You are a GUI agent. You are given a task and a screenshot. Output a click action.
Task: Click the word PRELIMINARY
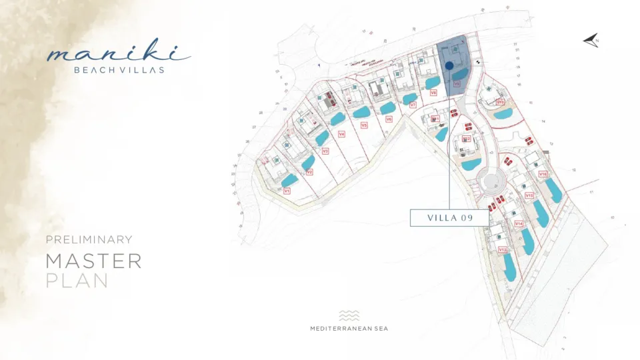(89, 239)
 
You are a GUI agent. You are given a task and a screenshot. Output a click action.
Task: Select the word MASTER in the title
(93, 261)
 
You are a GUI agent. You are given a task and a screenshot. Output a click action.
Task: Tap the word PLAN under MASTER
(77, 281)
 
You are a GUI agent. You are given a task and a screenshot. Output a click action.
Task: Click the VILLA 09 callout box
(449, 218)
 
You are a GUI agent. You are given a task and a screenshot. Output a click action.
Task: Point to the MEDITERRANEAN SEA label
(349, 328)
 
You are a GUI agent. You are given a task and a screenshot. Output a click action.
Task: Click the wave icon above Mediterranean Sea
(349, 315)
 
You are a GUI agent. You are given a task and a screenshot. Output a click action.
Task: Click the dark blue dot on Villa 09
(449, 65)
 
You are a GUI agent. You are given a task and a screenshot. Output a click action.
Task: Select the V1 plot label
(287, 191)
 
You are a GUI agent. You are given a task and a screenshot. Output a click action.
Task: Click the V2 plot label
(309, 172)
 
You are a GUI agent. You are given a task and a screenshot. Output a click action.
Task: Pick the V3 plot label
(325, 151)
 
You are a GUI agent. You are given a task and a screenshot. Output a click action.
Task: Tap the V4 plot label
(341, 134)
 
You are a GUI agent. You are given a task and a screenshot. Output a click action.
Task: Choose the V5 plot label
(363, 125)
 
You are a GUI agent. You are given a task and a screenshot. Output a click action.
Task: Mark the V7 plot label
(413, 105)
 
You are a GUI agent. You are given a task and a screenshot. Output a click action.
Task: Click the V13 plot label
(502, 249)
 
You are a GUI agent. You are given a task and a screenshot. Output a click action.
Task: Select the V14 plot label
(518, 223)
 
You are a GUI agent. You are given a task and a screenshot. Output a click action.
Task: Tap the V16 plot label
(543, 174)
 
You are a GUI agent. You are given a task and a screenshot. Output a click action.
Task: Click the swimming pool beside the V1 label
(289, 180)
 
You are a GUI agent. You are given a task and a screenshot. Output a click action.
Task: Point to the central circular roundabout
(494, 181)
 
